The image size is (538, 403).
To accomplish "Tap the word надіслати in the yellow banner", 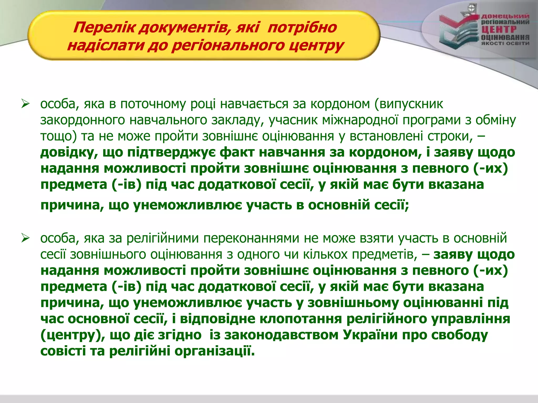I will pos(105,45).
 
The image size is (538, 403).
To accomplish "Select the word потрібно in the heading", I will pos(302,27).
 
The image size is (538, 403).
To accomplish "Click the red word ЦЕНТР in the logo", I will pos(499,30).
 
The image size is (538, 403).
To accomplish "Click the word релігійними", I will pos(163,238).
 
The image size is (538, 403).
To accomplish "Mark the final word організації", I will pos(215,351).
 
